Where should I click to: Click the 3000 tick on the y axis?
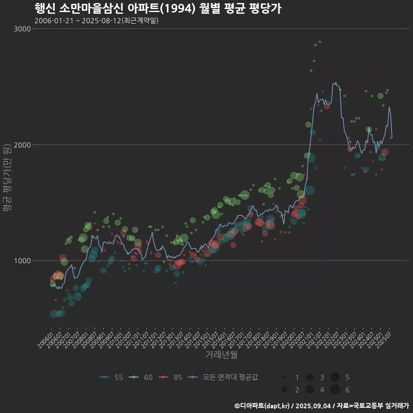tap(23, 29)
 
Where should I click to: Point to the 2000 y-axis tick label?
tap(23, 145)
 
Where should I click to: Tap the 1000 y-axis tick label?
tap(23, 260)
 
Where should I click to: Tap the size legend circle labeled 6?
tap(335, 390)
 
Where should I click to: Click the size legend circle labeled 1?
tap(284, 377)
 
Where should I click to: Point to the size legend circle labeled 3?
tap(309, 377)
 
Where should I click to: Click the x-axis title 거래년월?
tap(221, 354)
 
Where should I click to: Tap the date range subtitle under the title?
tap(96, 20)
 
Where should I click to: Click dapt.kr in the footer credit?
tap(276, 406)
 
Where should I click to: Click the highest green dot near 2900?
tap(320, 42)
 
